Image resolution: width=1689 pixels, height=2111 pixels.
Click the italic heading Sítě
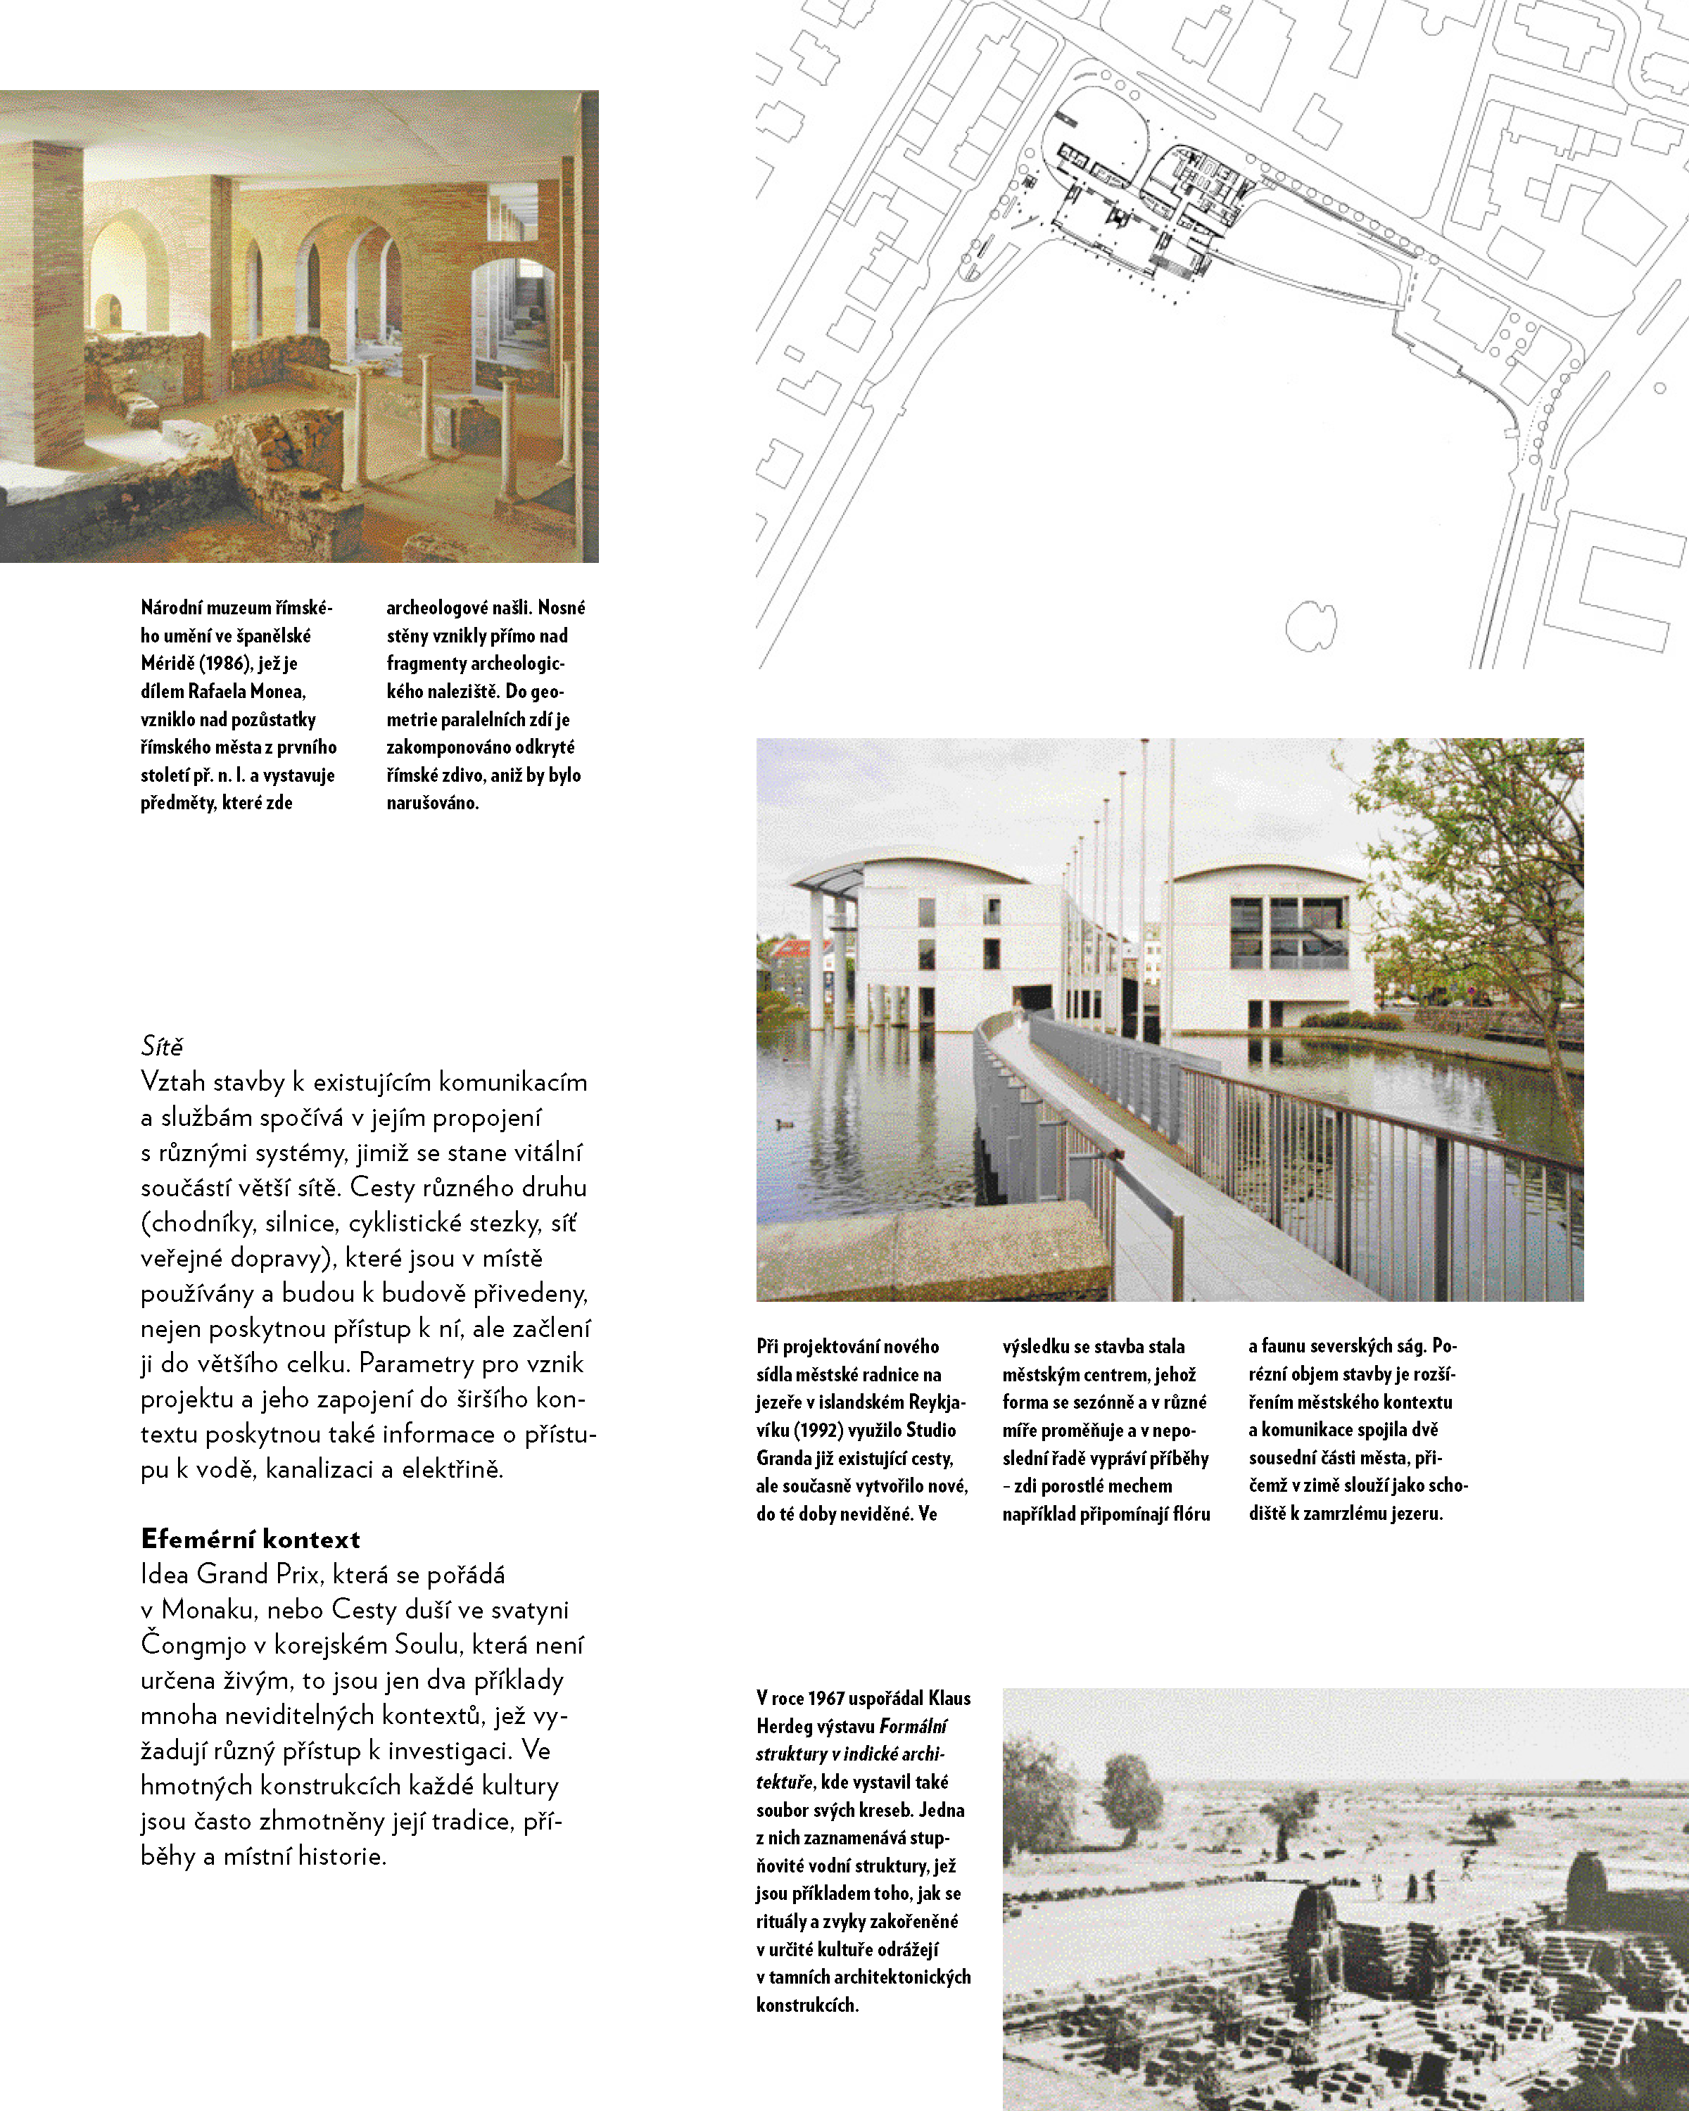[162, 1046]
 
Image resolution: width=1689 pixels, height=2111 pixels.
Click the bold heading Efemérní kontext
[250, 1538]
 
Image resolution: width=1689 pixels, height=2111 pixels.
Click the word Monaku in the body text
[207, 1610]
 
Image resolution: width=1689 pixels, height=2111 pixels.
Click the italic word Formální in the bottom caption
[913, 1726]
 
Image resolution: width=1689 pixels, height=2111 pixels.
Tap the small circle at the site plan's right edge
[1659, 388]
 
